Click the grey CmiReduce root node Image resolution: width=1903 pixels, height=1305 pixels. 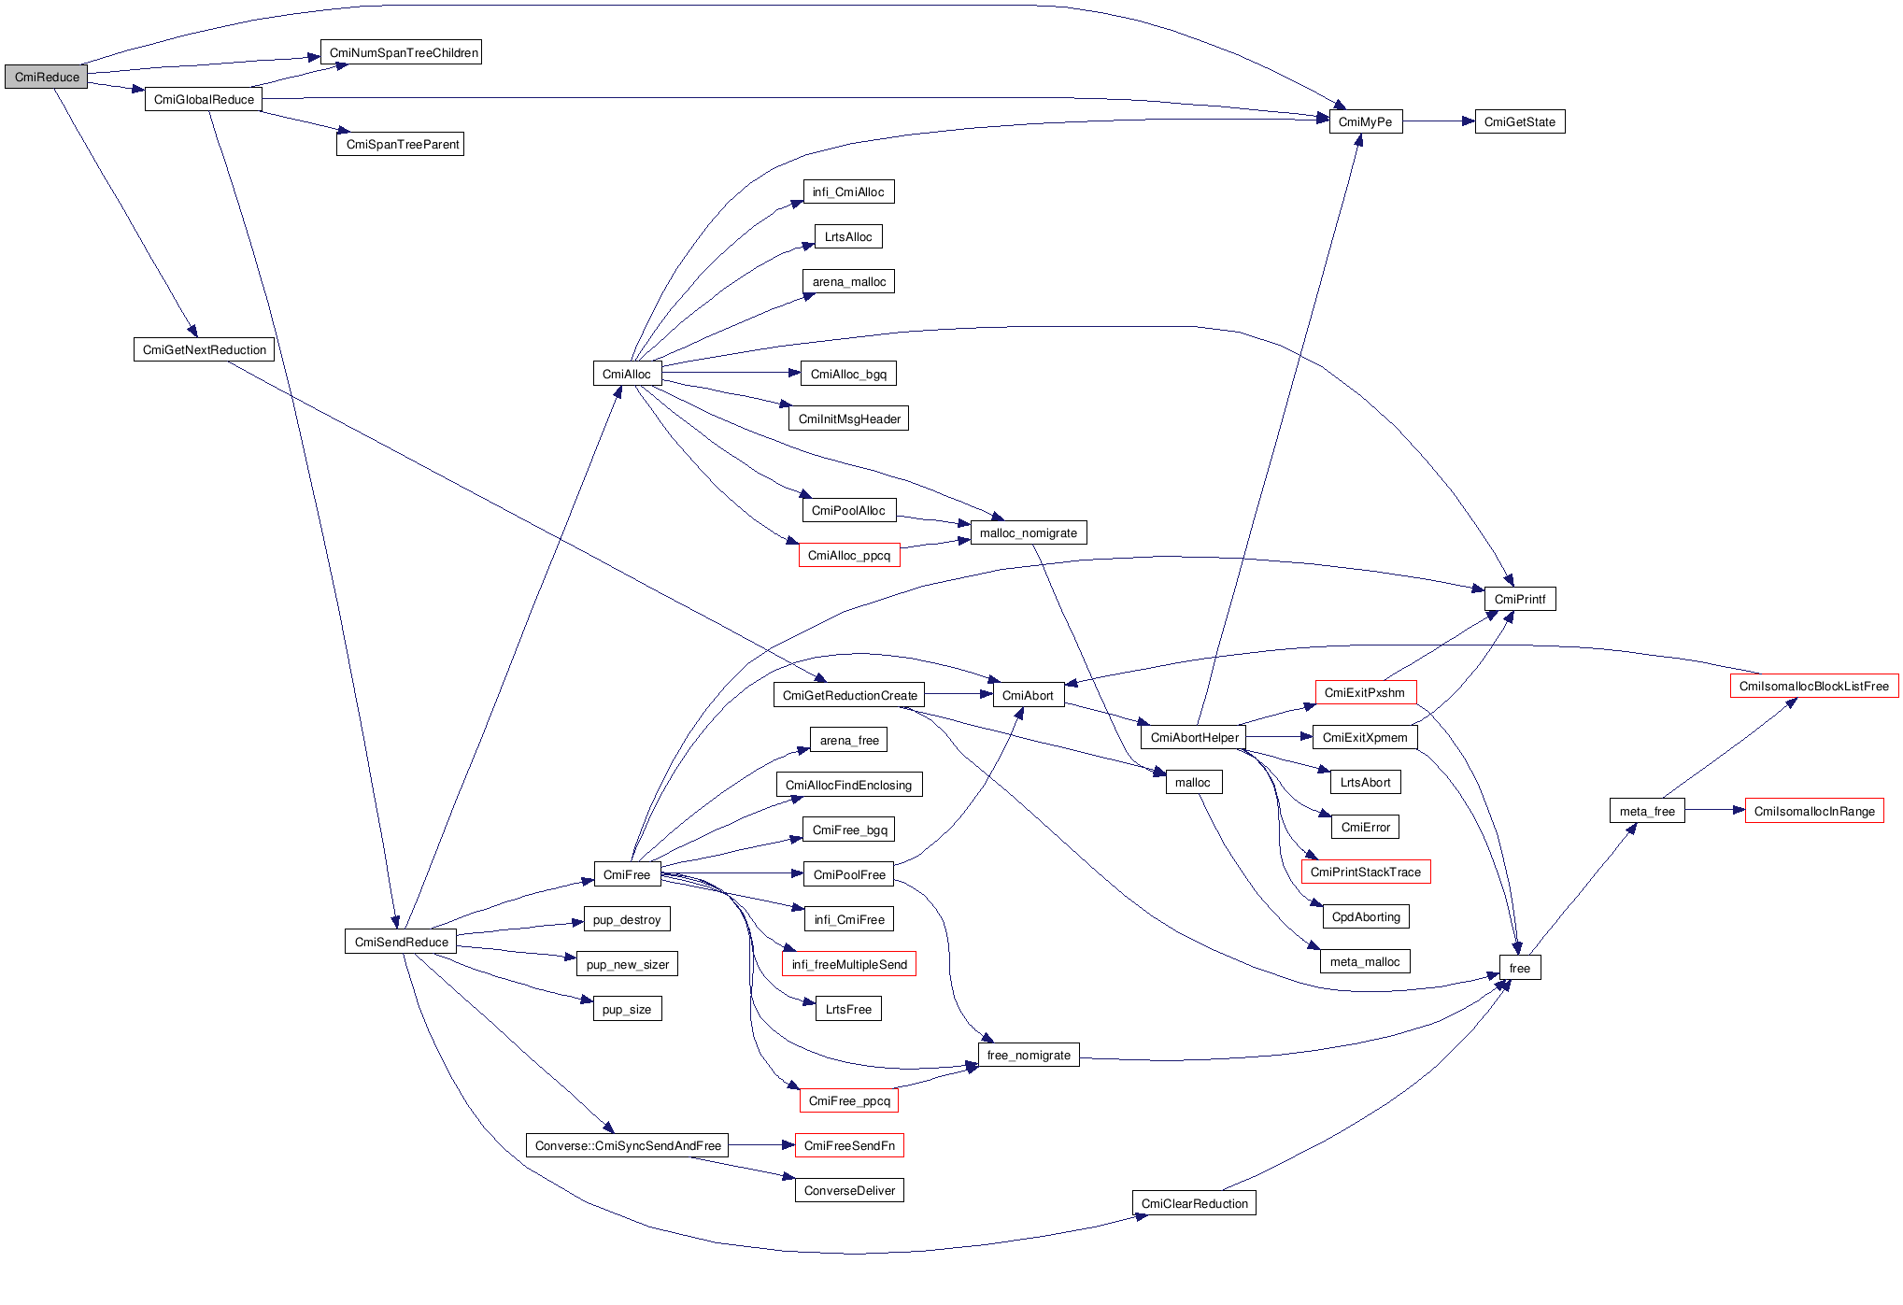click(46, 77)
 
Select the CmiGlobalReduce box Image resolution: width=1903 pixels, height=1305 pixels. click(204, 99)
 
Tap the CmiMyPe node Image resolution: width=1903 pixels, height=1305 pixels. click(1365, 121)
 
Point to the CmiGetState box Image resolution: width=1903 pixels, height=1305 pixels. click(1519, 121)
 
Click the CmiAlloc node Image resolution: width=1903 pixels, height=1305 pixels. click(626, 374)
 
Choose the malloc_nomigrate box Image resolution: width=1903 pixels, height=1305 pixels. click(1028, 532)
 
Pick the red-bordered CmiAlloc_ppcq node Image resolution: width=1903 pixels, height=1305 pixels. click(848, 555)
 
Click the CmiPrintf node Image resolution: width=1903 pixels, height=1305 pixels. click(1519, 599)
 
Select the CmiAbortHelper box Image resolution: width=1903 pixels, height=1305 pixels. click(1194, 737)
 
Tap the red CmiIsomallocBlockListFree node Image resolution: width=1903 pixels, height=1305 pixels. click(1813, 686)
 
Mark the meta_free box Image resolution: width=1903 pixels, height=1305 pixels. click(1647, 811)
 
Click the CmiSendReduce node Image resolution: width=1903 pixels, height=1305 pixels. click(401, 942)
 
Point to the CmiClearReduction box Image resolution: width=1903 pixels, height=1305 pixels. click(1194, 1203)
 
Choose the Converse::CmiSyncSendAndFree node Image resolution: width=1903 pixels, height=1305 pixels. click(628, 1145)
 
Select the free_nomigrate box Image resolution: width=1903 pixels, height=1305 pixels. click(1029, 1055)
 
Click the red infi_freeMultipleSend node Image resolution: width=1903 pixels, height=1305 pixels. click(848, 964)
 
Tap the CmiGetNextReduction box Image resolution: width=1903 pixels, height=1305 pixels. click(204, 349)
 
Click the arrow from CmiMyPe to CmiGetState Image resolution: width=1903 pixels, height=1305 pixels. click(1439, 121)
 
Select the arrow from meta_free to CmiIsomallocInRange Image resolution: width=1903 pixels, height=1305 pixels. click(1714, 810)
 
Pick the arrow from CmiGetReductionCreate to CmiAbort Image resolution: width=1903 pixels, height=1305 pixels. click(959, 694)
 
